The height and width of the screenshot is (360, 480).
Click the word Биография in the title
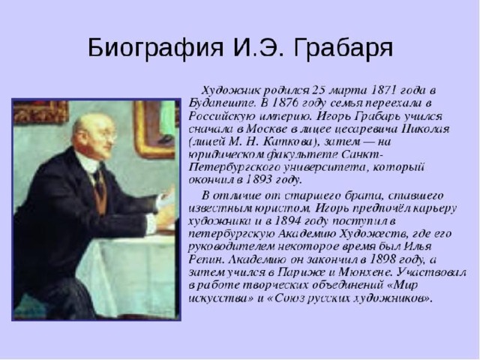[156, 48]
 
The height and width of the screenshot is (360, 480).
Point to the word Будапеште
[222, 103]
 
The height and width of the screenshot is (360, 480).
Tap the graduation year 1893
[259, 180]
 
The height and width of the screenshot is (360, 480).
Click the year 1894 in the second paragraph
[288, 220]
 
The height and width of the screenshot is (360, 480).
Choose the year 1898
[382, 259]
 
